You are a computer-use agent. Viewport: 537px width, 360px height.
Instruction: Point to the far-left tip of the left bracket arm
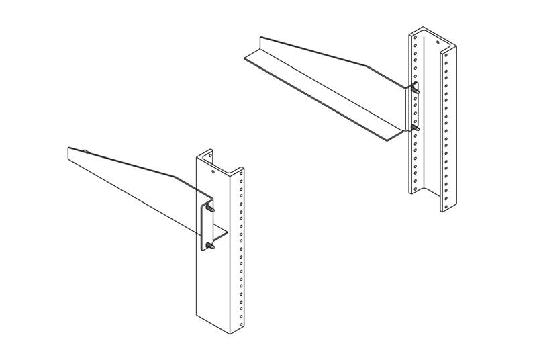pos(69,152)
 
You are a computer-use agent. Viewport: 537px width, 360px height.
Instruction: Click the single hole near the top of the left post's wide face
pos(213,172)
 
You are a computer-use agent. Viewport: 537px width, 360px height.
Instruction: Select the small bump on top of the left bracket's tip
pos(86,150)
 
